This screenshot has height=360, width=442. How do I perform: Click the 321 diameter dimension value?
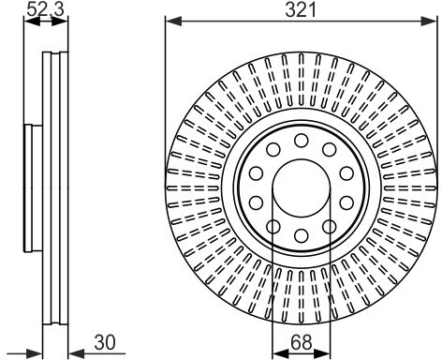(301, 10)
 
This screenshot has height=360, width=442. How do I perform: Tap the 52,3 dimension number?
(46, 9)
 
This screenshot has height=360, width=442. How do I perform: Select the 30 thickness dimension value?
(105, 342)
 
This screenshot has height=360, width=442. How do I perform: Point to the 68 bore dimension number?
(302, 342)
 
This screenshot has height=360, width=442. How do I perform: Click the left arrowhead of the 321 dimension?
(173, 22)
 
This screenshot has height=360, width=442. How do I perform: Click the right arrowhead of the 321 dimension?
(428, 22)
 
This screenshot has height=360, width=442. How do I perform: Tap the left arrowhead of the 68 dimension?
(280, 353)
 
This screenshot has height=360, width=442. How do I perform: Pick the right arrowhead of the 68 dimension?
(322, 353)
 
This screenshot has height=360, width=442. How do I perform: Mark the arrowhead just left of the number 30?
(77, 353)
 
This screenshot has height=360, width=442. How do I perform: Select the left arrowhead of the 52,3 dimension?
(32, 22)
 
